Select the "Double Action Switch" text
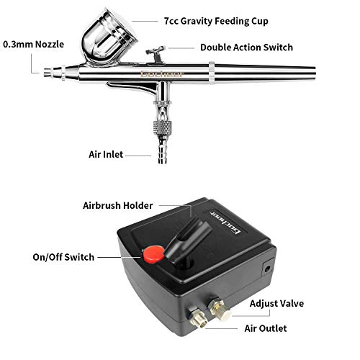tap(246, 48)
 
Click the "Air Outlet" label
tap(266, 328)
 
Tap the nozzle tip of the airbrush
tap(49, 72)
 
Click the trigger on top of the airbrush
tap(154, 53)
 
